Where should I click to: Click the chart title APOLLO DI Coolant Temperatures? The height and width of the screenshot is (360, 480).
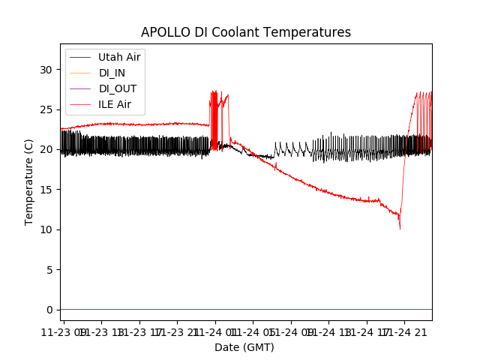pyautogui.click(x=246, y=32)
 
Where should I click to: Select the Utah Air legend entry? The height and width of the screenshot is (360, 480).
pyautogui.click(x=119, y=57)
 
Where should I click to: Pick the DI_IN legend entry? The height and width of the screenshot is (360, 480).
pyautogui.click(x=112, y=73)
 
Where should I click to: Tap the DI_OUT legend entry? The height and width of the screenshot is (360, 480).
pyautogui.click(x=117, y=88)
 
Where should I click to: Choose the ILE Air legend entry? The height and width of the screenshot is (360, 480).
pyautogui.click(x=115, y=104)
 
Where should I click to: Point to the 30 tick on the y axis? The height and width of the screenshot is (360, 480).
pyautogui.click(x=47, y=70)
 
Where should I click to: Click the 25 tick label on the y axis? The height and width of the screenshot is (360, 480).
pyautogui.click(x=47, y=109)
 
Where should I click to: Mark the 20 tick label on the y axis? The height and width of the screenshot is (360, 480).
pyautogui.click(x=47, y=149)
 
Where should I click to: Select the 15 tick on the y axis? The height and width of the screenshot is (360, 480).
pyautogui.click(x=47, y=190)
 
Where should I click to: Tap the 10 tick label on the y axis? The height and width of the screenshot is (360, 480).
pyautogui.click(x=47, y=229)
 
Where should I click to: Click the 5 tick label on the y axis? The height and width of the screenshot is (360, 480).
pyautogui.click(x=50, y=269)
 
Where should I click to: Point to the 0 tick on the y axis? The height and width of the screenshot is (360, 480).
pyautogui.click(x=50, y=310)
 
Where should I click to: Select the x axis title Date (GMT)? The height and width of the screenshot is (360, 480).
pyautogui.click(x=244, y=347)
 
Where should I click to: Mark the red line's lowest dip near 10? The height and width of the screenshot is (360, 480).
pyautogui.click(x=400, y=228)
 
